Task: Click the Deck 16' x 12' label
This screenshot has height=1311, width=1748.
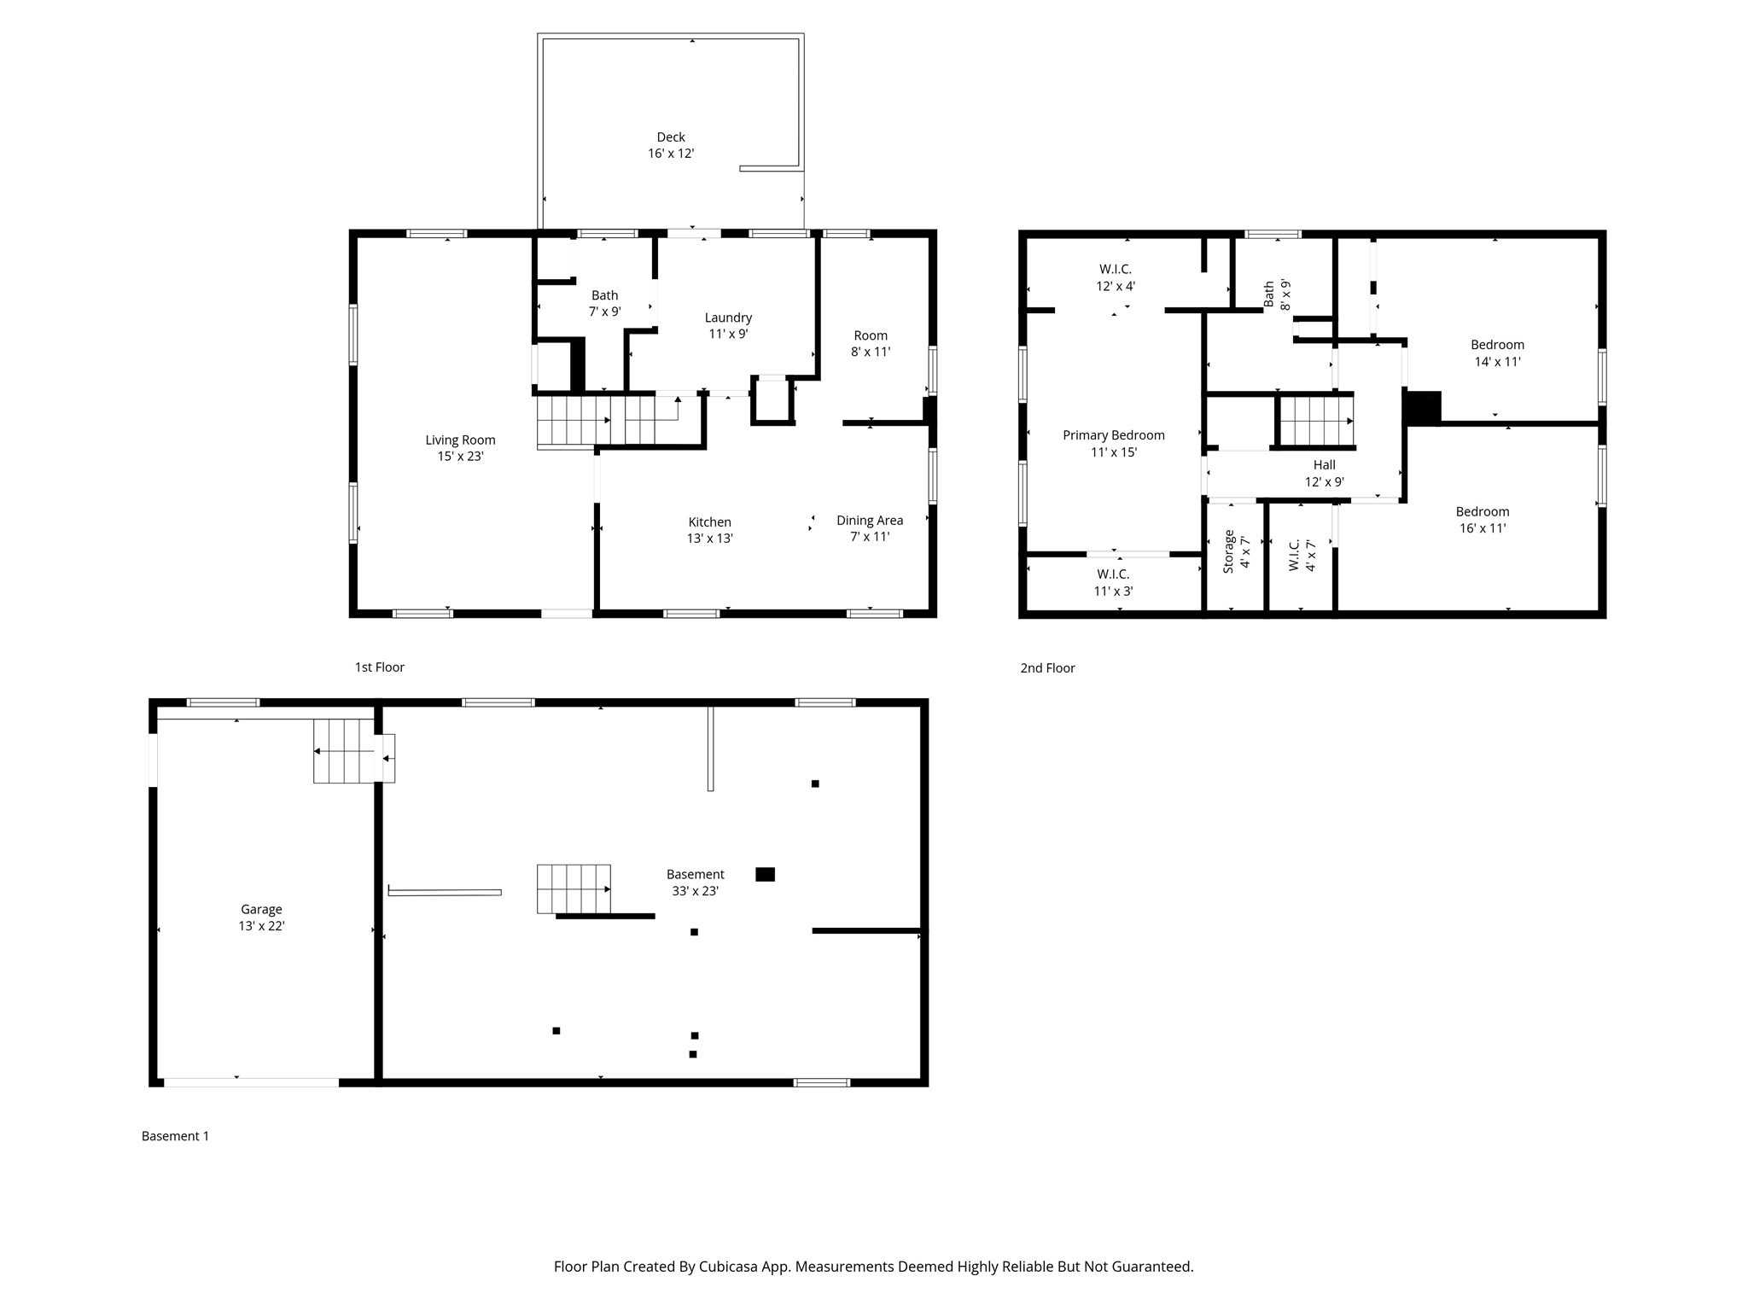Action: click(670, 145)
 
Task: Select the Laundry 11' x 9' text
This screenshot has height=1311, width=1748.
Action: click(728, 325)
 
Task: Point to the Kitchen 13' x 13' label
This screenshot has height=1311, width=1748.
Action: click(709, 530)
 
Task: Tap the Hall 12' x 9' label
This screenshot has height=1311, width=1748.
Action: click(1324, 473)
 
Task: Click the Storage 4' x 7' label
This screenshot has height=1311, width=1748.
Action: click(1236, 551)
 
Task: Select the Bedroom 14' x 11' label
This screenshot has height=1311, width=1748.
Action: click(1497, 353)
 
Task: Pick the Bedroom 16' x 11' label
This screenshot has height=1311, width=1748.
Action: click(1482, 519)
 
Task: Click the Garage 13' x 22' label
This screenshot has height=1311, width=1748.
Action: click(260, 918)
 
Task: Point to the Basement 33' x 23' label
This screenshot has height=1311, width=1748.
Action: click(695, 882)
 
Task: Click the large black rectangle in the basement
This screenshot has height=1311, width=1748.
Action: click(765, 874)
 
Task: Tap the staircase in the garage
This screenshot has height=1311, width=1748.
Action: click(343, 751)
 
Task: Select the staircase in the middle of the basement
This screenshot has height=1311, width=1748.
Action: click(573, 889)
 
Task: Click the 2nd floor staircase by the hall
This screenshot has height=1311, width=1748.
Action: click(1315, 421)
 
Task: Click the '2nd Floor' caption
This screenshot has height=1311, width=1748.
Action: click(1047, 668)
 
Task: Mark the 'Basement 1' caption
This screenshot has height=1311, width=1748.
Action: click(175, 1136)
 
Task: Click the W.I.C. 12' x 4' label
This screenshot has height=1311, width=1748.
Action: click(1115, 277)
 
